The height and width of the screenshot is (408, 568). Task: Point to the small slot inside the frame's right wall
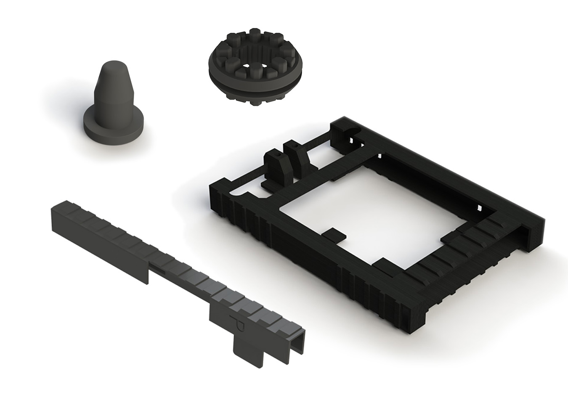click(x=478, y=207)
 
